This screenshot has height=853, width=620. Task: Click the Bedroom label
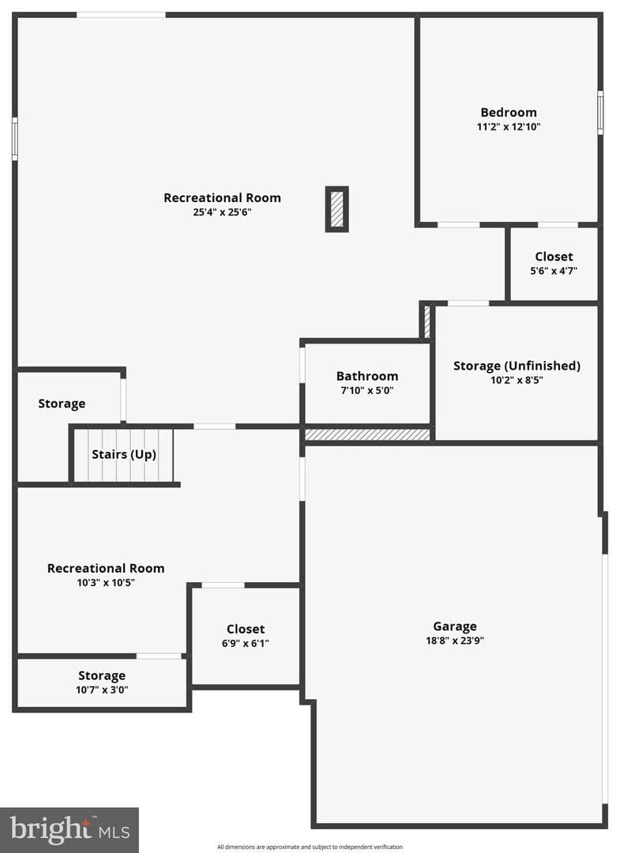click(x=509, y=113)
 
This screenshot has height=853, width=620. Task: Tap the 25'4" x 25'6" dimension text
click(x=222, y=212)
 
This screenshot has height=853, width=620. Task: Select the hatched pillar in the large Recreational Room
click(x=336, y=209)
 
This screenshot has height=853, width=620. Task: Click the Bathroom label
click(x=367, y=376)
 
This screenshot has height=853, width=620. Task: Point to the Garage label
click(x=455, y=626)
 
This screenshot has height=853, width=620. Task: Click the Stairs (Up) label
click(x=124, y=454)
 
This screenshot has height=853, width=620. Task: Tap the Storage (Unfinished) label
click(x=517, y=366)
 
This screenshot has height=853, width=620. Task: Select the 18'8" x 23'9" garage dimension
click(x=455, y=641)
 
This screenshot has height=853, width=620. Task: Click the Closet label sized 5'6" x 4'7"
click(x=554, y=256)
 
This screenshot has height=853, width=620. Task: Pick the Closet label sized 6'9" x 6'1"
click(x=246, y=629)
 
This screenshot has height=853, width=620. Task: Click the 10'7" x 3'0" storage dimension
click(x=102, y=690)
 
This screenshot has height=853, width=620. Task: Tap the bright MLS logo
click(x=70, y=829)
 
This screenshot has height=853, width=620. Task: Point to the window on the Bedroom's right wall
click(x=600, y=113)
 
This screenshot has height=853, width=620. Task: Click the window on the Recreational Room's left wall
click(x=15, y=139)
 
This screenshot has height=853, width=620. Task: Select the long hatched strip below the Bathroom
click(x=367, y=434)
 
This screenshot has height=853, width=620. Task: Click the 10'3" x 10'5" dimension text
click(x=106, y=583)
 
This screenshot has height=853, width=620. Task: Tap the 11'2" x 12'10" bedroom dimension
click(x=509, y=126)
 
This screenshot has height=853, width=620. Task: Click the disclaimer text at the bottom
click(x=310, y=847)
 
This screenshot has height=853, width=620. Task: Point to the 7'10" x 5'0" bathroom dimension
click(x=367, y=390)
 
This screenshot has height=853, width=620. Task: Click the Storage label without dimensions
click(x=62, y=404)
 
